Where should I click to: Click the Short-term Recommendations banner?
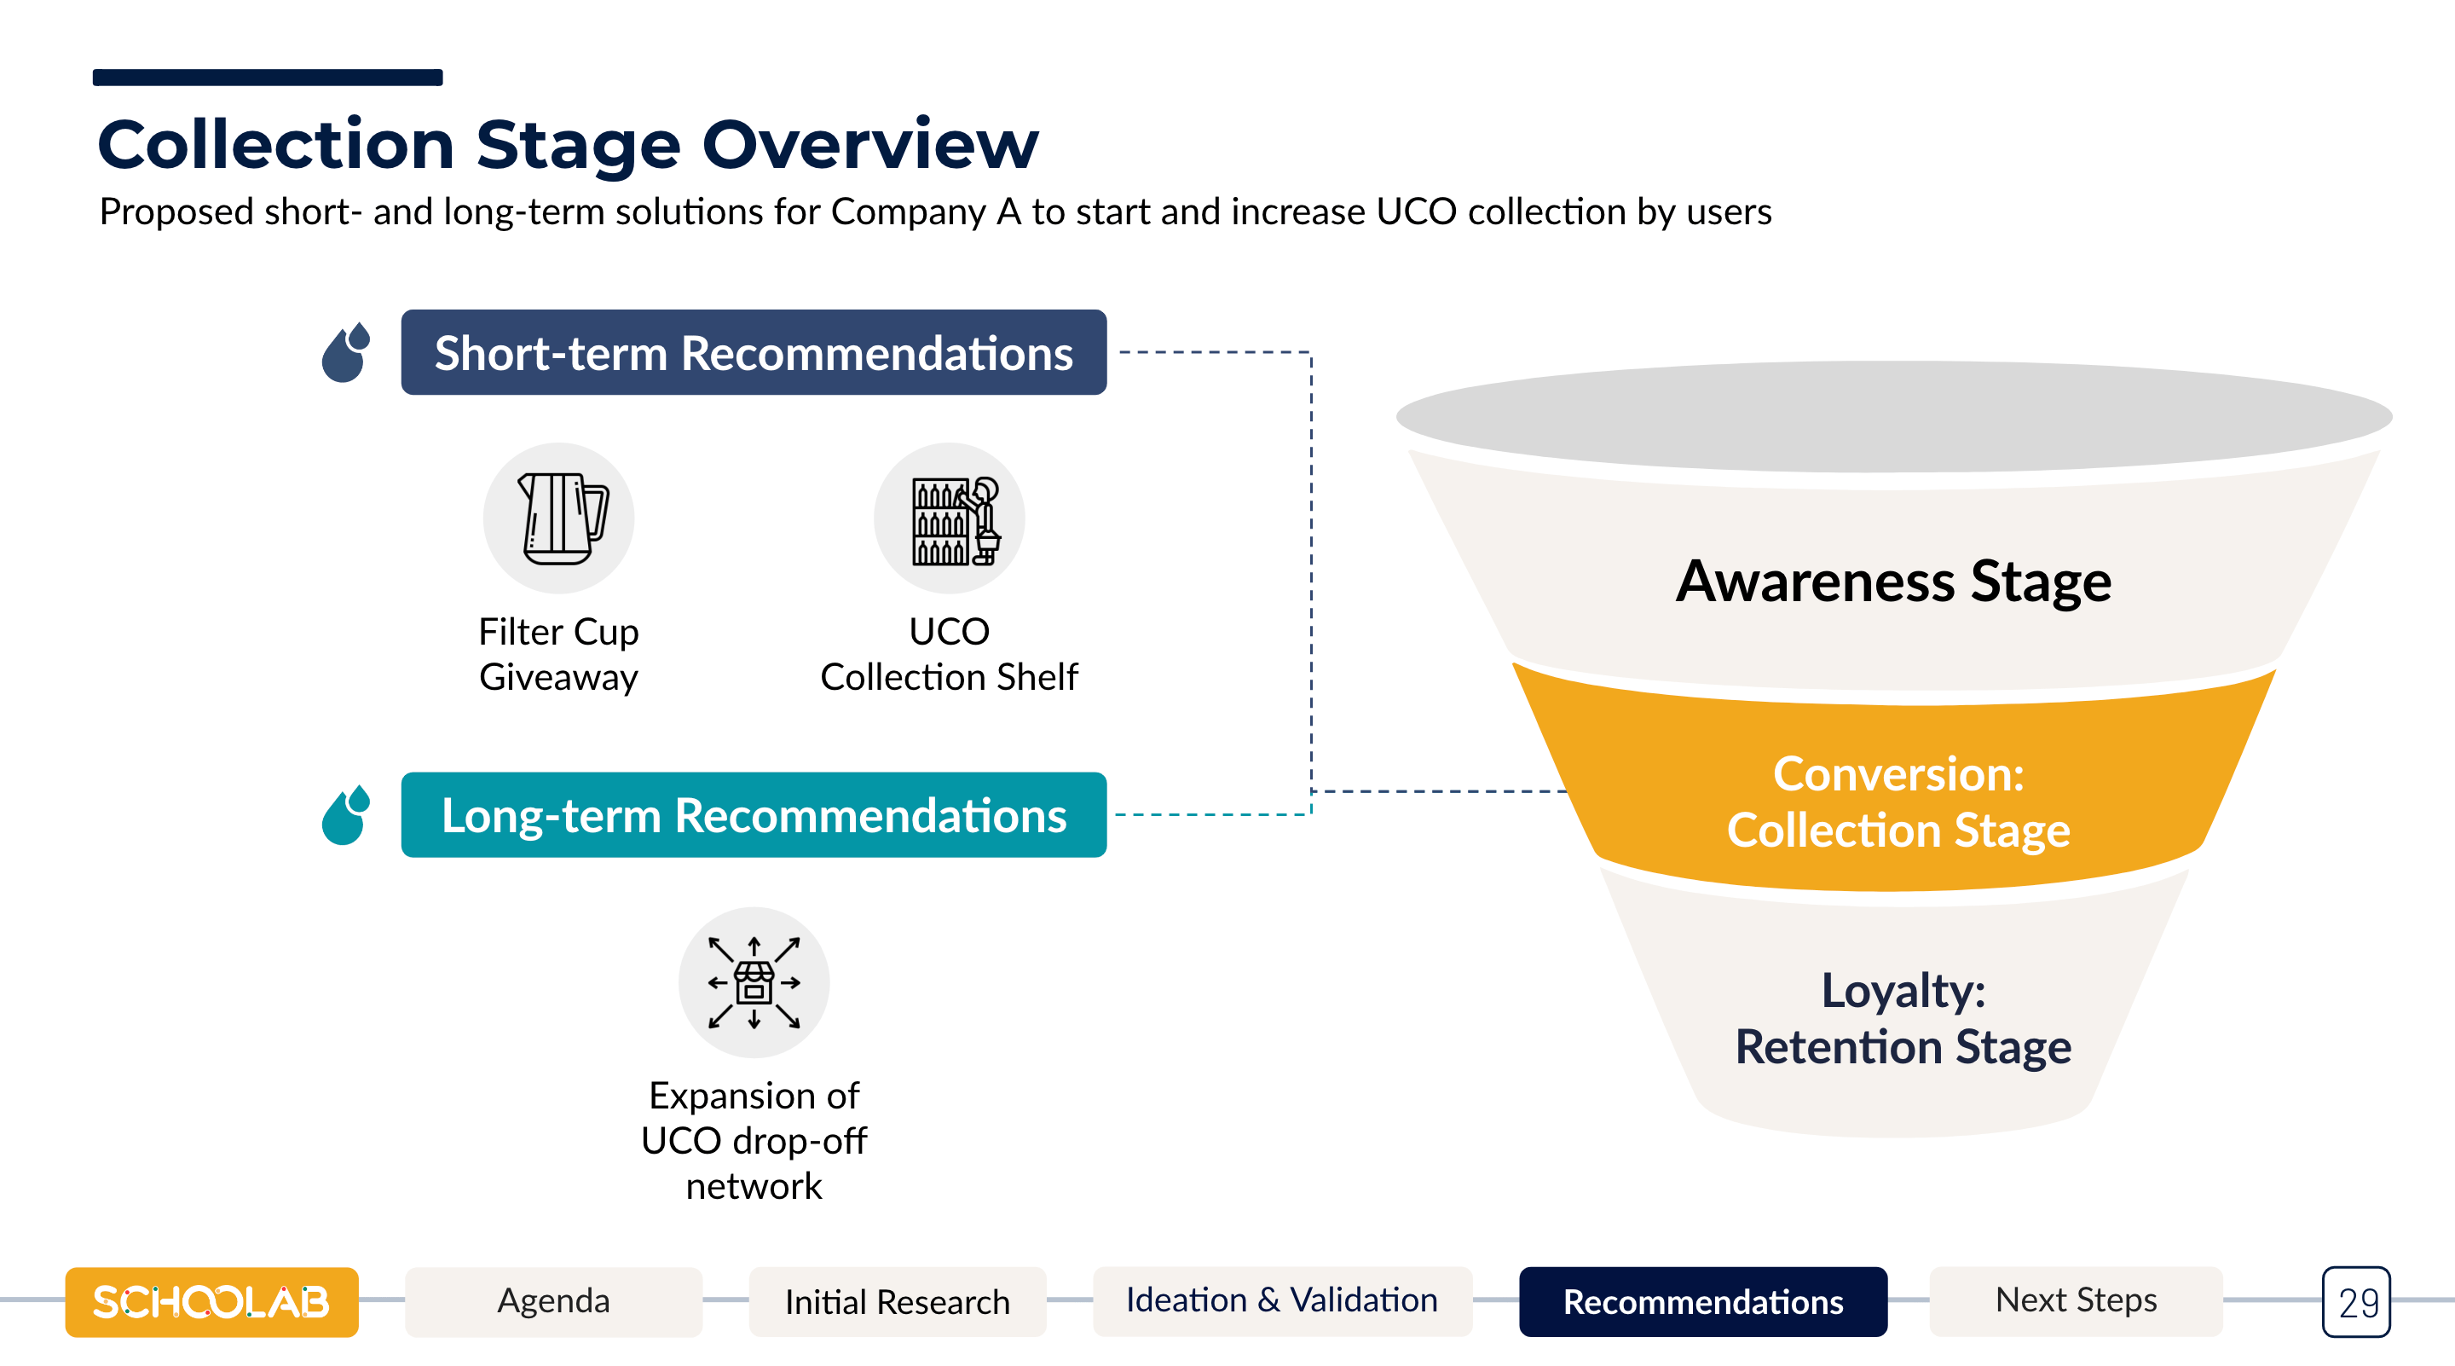tap(754, 352)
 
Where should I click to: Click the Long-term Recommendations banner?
tap(754, 815)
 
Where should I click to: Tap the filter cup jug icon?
tap(562, 518)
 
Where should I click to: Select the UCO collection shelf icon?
tap(955, 520)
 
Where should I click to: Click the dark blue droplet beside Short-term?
tap(346, 352)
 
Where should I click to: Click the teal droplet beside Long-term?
tap(346, 815)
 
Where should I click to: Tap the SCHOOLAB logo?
tap(211, 1302)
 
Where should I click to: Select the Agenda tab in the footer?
tap(554, 1301)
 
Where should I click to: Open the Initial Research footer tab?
tap(898, 1301)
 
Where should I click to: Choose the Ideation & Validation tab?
tap(1282, 1301)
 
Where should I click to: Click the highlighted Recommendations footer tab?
tap(1703, 1301)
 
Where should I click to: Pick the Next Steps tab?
tap(2076, 1301)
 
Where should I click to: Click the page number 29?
tap(2357, 1302)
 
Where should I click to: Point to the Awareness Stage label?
tap(1893, 582)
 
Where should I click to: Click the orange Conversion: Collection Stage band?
tap(1897, 791)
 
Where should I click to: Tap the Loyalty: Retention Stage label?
tap(1903, 1018)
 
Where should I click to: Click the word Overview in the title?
tap(870, 145)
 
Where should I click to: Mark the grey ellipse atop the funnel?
tap(1893, 417)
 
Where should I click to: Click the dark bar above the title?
tap(268, 78)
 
